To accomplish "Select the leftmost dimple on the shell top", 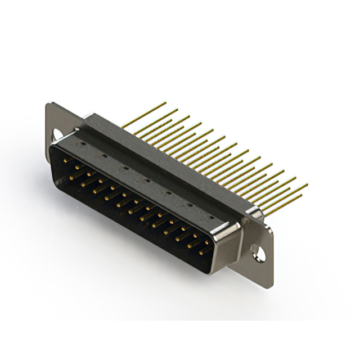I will tap(83, 143).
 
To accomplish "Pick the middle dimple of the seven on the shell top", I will tap(145, 180).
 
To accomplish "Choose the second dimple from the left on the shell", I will tap(103, 155).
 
